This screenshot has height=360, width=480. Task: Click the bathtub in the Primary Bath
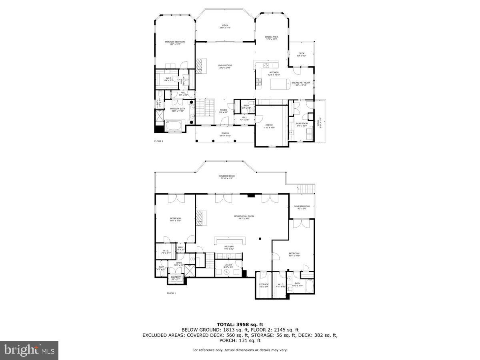click(x=175, y=127)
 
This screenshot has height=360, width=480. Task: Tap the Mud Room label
click(x=302, y=124)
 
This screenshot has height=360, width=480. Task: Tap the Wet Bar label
click(x=229, y=248)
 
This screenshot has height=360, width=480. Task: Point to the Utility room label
click(x=228, y=266)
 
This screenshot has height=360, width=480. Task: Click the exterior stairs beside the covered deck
click(x=306, y=188)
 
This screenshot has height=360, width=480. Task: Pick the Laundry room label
click(x=176, y=278)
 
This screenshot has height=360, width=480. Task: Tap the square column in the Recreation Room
click(x=260, y=238)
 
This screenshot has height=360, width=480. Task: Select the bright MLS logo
click(x=29, y=350)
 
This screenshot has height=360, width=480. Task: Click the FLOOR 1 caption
click(x=171, y=293)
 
